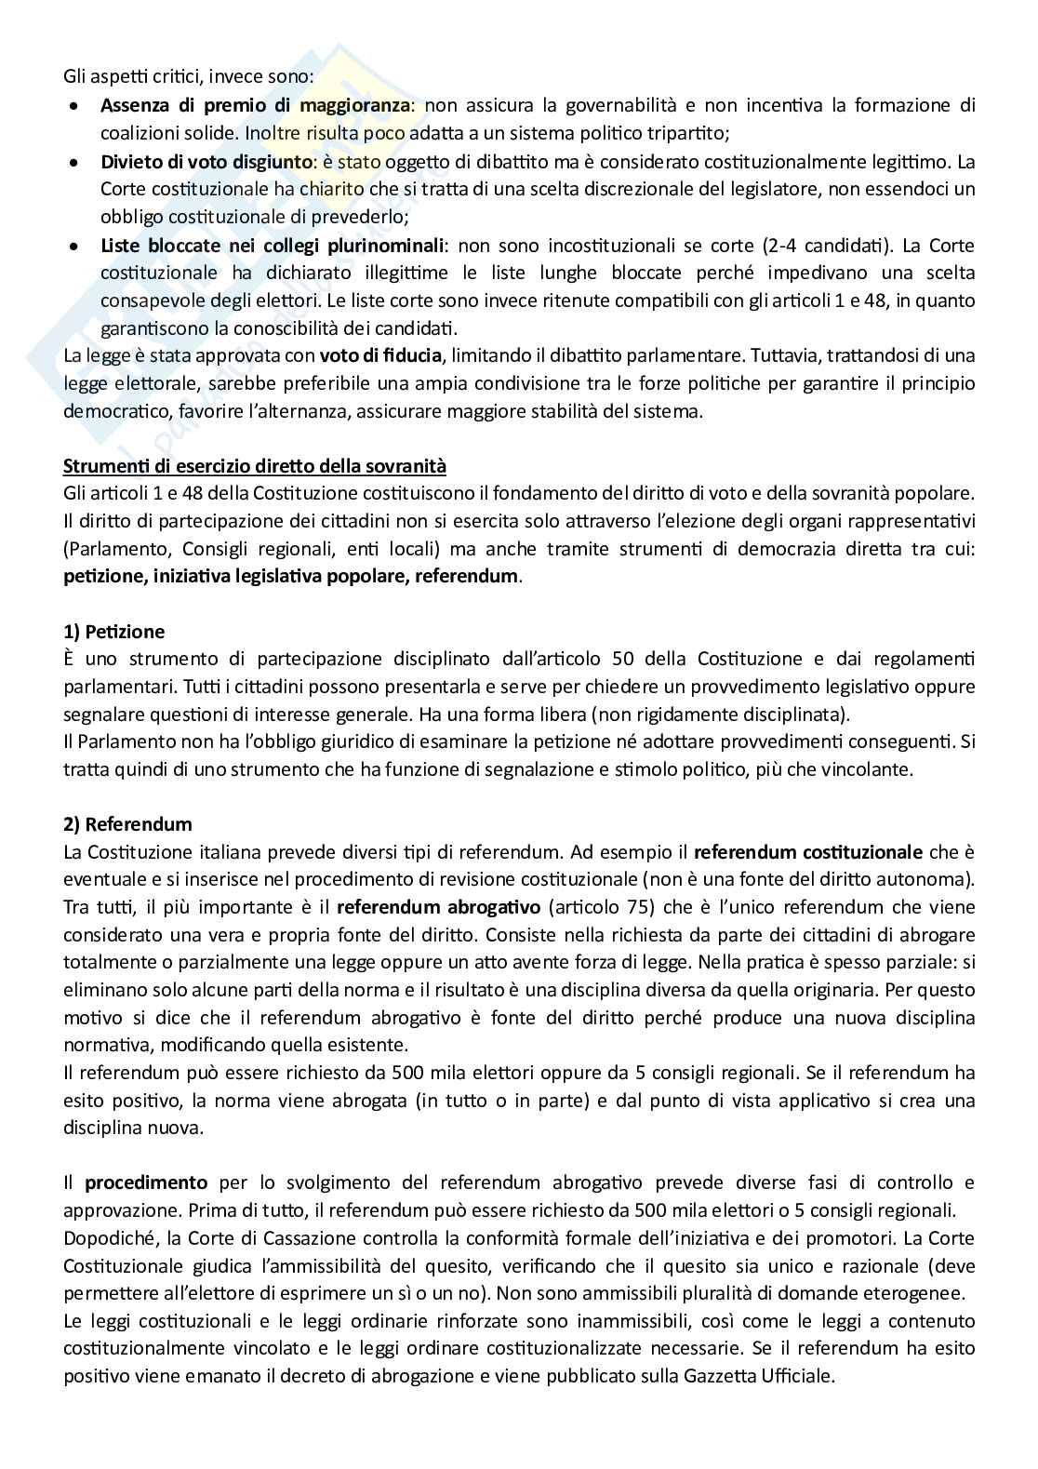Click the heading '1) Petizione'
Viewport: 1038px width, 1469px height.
click(x=113, y=632)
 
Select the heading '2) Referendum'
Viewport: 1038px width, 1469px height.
click(x=127, y=824)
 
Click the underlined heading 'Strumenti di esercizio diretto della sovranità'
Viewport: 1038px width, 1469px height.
click(x=255, y=465)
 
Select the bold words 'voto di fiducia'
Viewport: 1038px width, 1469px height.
click(x=380, y=355)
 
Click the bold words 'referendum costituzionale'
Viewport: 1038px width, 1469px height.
click(x=808, y=851)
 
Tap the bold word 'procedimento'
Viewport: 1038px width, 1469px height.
click(x=146, y=1183)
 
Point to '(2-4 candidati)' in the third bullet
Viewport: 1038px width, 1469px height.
click(x=839, y=246)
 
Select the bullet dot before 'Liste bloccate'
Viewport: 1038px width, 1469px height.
click(x=75, y=247)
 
